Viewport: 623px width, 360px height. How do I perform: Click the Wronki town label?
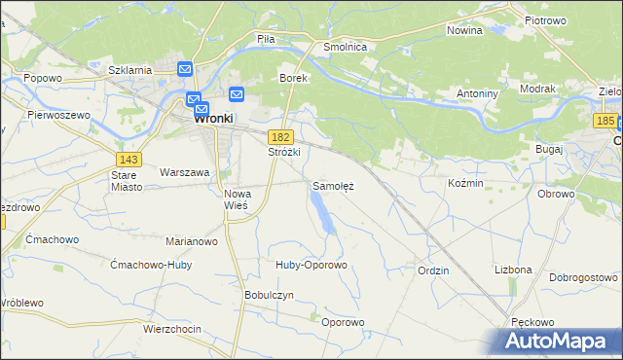213,119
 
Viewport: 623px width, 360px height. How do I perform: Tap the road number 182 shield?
281,138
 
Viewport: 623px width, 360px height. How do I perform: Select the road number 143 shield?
128,158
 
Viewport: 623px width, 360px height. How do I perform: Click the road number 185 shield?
605,120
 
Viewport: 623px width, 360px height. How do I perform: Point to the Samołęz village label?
333,185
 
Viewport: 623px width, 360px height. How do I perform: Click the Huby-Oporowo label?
311,265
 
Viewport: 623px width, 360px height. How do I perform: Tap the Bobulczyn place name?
269,295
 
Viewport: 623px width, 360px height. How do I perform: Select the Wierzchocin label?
171,329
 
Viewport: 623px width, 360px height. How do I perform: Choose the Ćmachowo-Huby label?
151,265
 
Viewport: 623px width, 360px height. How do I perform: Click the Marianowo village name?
191,241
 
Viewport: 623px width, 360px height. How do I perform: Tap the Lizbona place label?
513,269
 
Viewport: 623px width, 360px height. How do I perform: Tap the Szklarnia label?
129,70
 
